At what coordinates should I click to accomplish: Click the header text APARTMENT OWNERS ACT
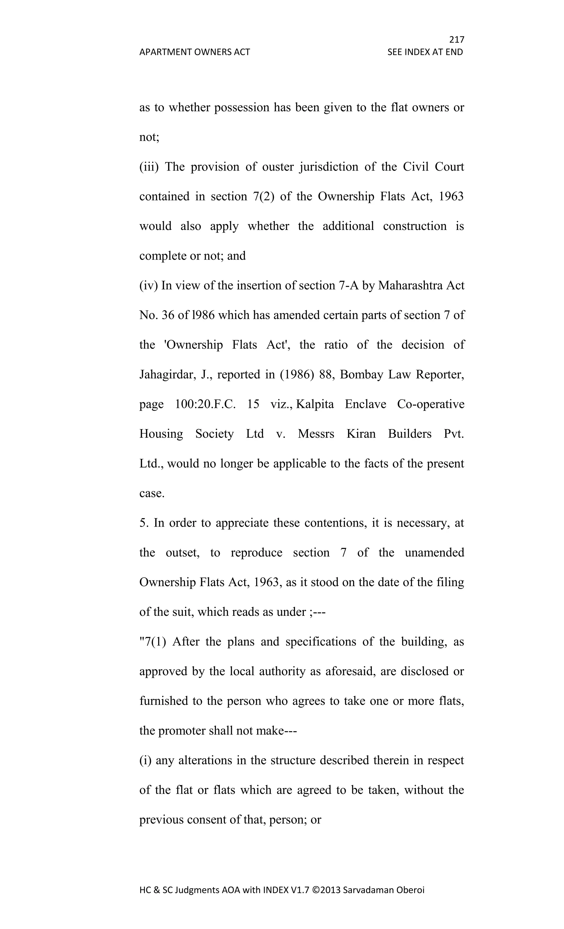tap(194, 52)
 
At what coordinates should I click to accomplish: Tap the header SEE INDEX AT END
tap(425, 52)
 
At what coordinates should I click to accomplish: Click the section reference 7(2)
tap(264, 196)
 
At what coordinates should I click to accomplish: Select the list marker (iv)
tap(148, 285)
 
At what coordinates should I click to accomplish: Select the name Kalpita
tap(315, 404)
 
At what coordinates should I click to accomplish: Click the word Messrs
tap(316, 434)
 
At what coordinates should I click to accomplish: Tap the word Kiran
tap(361, 434)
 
